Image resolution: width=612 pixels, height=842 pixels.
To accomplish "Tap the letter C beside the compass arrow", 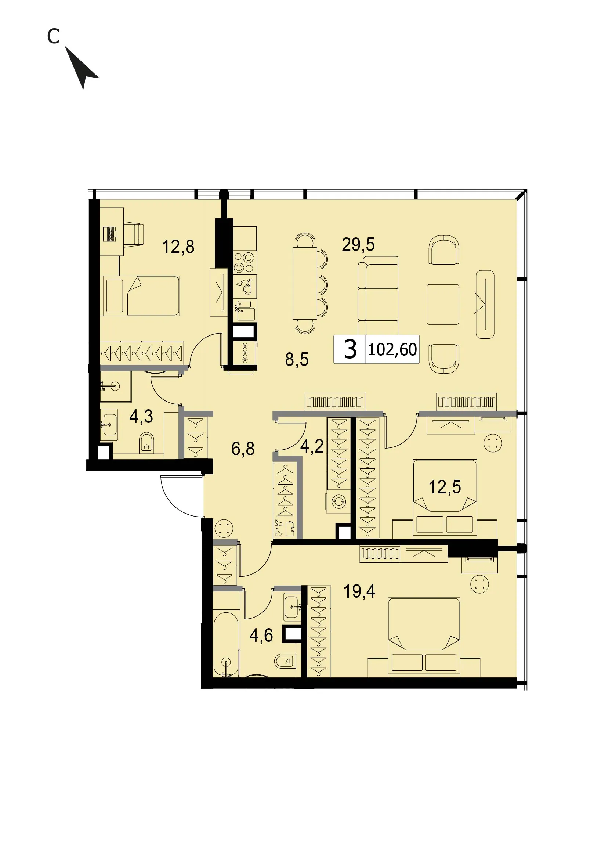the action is coord(53,36).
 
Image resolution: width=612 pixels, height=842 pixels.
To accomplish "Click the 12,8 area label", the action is coord(178,247).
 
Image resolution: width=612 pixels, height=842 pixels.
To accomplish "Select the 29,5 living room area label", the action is coord(358,244).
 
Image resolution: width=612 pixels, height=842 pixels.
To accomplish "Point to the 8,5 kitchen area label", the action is coord(297,359).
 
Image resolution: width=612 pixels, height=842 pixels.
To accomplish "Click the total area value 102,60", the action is coord(392,349).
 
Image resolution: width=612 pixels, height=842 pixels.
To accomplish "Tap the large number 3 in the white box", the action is coord(350,349).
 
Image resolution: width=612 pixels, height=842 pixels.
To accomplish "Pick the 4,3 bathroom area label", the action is coord(141,416).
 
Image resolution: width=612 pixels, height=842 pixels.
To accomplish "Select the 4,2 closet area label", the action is coord(312,446).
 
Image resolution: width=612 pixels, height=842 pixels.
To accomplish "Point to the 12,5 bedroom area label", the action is coord(445,487).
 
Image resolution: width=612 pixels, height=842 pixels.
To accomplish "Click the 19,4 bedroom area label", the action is coord(359,591).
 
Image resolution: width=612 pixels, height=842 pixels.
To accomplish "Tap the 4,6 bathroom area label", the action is coord(261,635).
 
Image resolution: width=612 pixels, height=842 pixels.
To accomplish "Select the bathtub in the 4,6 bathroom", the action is coord(226,645).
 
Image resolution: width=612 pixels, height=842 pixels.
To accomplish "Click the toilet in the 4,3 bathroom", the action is coord(147,443).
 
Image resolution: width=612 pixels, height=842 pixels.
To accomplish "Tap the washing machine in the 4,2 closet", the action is coord(338,502).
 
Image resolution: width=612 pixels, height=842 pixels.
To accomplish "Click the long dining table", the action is coord(305,283).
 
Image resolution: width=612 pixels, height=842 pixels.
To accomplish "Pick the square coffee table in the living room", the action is coord(443,305).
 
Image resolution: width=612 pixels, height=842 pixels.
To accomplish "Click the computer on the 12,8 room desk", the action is coord(110,234).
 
